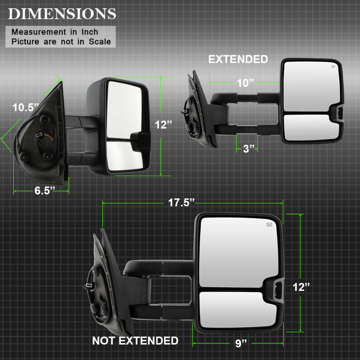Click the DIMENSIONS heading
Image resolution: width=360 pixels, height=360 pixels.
pyautogui.click(x=62, y=14)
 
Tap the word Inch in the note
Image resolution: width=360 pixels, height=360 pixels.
pyautogui.click(x=90, y=32)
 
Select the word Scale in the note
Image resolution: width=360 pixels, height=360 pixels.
pyautogui.click(x=100, y=42)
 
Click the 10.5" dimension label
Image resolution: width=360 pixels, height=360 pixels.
pyautogui.click(x=26, y=107)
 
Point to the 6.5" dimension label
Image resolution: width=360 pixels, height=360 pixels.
pyautogui.click(x=45, y=190)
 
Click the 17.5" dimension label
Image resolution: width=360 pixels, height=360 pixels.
pyautogui.click(x=182, y=203)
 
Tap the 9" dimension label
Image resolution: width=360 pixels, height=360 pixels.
pyautogui.click(x=241, y=343)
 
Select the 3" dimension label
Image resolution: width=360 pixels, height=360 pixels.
pyautogui.click(x=249, y=149)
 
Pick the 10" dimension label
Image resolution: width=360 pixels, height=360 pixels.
pyautogui.click(x=245, y=83)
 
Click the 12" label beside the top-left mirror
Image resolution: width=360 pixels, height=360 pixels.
pyautogui.click(x=163, y=124)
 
